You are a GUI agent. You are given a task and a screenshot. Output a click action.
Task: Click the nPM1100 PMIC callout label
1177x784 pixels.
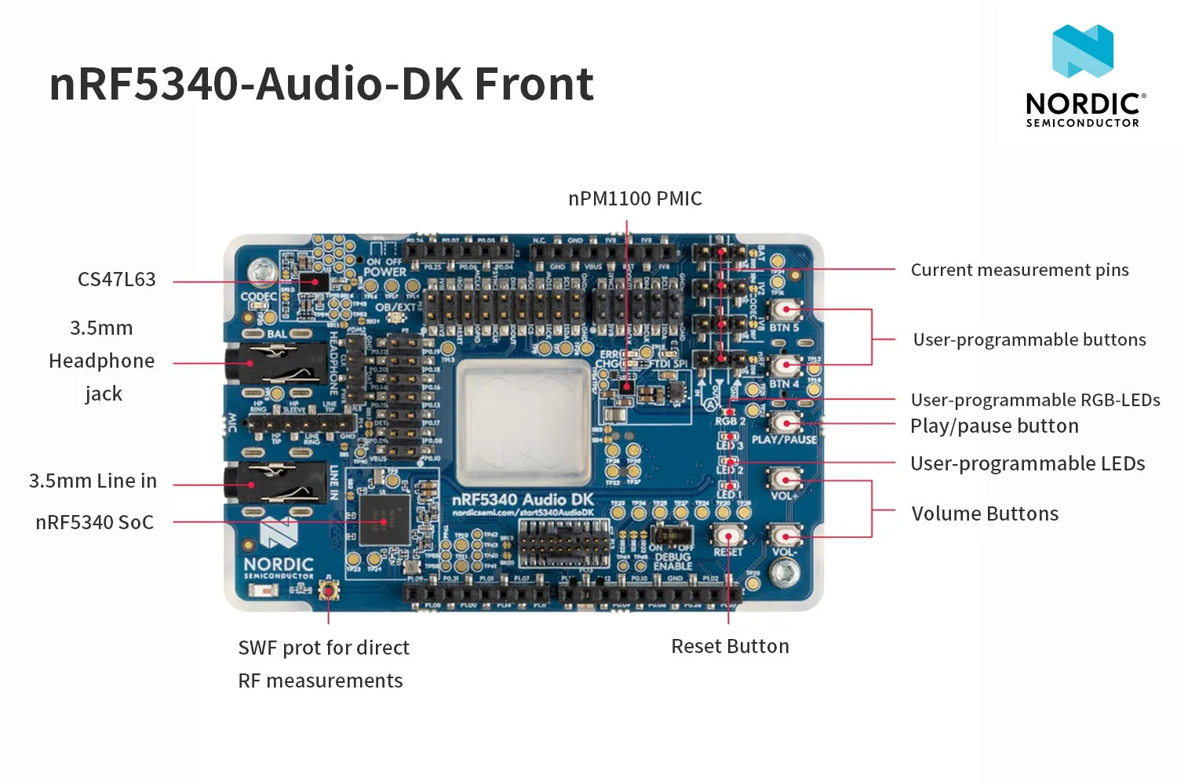[x=635, y=199]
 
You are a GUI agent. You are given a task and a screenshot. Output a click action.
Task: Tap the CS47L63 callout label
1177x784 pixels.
[x=117, y=280]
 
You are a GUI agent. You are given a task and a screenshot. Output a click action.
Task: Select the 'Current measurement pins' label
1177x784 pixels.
[x=1019, y=270]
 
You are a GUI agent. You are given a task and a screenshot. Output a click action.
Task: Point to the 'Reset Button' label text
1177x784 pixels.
[x=730, y=647]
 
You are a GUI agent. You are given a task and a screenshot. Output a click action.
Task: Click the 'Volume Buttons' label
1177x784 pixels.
[x=985, y=514]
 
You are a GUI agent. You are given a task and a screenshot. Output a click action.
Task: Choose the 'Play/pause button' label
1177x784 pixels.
[x=994, y=426]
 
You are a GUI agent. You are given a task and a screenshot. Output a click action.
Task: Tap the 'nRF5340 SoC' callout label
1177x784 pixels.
[x=95, y=523]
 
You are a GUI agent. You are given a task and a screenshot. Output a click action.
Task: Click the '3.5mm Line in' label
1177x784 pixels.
[x=93, y=481]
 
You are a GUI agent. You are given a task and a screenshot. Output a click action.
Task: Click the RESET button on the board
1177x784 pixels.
[x=728, y=536]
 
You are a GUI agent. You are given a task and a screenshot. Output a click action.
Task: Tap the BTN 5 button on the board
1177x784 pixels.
[x=783, y=310]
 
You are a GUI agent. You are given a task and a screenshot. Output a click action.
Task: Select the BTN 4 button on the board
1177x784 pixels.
[x=783, y=365]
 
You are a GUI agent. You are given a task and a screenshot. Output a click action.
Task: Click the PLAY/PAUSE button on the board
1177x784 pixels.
[x=784, y=423]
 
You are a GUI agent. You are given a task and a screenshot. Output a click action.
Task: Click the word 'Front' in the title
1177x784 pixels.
[x=534, y=85]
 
